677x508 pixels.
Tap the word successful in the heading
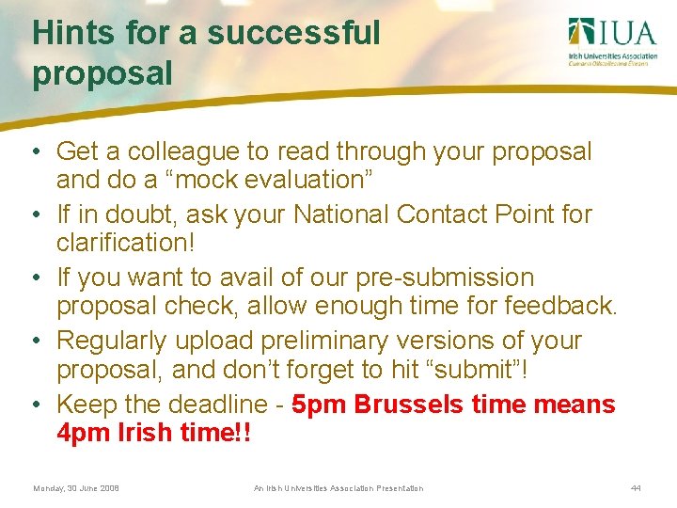293,33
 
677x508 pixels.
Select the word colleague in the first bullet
192,151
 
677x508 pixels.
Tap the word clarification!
126,243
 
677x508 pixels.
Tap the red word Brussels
411,405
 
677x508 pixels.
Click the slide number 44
637,488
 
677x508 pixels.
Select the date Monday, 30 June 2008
76,488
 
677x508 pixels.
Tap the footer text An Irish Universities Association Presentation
338,488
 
